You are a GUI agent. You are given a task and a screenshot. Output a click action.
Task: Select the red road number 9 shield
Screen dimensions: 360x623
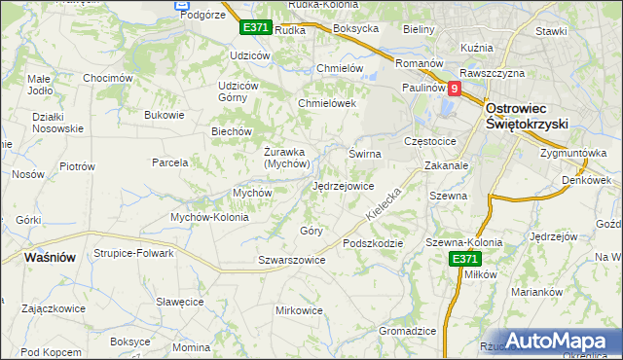click(x=453, y=88)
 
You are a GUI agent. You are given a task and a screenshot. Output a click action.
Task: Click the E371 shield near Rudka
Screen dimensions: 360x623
click(x=255, y=27)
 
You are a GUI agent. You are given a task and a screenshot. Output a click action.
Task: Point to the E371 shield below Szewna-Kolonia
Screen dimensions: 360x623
click(x=464, y=259)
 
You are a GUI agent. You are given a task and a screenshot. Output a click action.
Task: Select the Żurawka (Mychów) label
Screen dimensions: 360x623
click(x=286, y=158)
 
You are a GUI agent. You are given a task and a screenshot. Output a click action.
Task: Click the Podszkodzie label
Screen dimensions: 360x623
click(x=373, y=243)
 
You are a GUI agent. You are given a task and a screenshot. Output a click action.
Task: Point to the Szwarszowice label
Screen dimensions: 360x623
click(x=291, y=261)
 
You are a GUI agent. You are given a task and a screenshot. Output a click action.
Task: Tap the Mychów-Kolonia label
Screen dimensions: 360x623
click(x=210, y=217)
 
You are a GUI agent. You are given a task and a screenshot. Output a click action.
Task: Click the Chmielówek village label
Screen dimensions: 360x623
click(x=327, y=103)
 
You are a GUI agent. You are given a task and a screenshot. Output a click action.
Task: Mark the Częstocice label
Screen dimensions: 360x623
click(x=435, y=141)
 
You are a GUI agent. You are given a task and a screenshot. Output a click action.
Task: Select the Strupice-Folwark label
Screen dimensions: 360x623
click(x=133, y=253)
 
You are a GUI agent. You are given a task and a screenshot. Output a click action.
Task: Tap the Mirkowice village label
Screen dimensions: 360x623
click(x=299, y=310)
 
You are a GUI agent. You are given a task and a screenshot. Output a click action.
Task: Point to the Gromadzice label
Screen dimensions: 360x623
click(x=407, y=331)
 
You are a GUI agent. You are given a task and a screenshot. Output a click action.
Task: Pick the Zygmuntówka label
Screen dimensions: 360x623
click(x=573, y=154)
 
